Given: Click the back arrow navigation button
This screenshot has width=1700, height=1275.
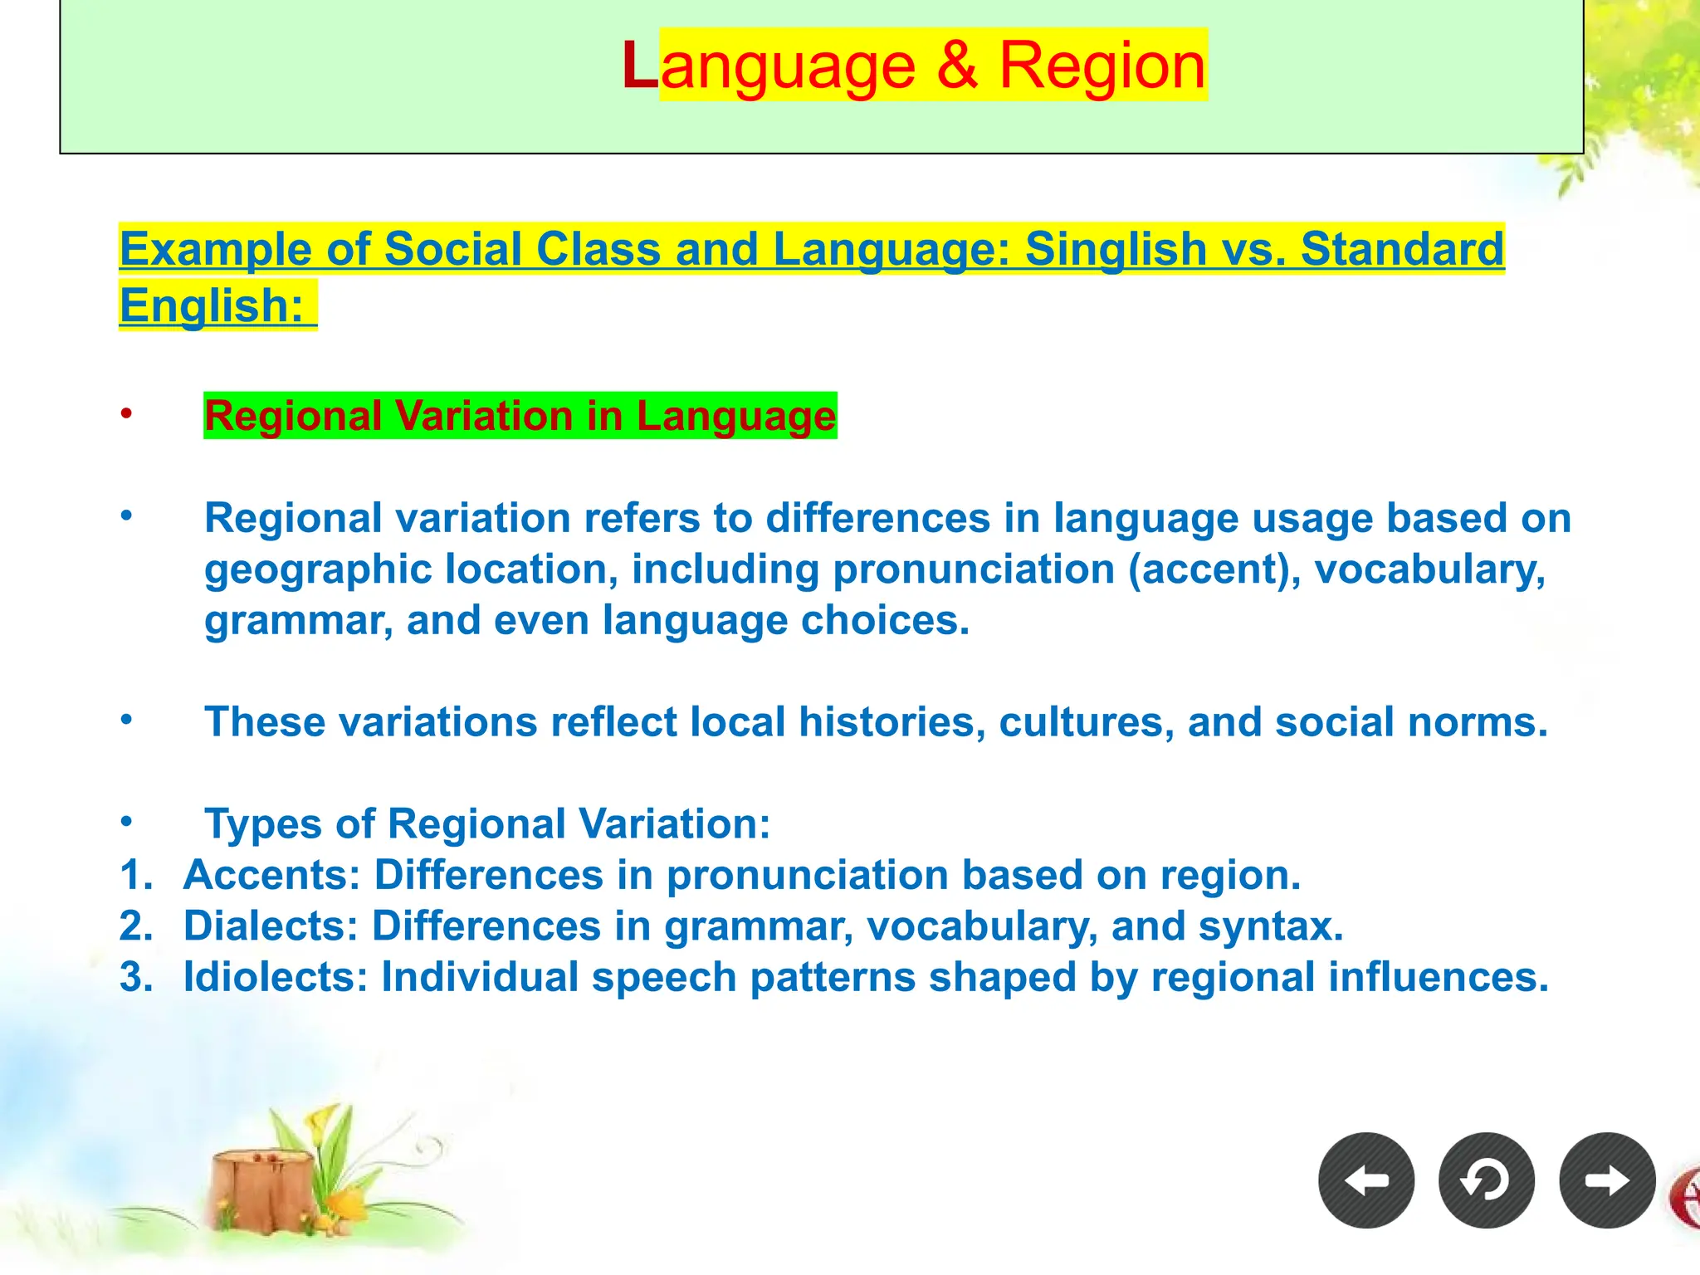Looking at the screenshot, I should [x=1366, y=1180].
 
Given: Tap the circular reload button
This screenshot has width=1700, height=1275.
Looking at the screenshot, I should [x=1487, y=1180].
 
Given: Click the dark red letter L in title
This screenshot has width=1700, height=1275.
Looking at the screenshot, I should [x=640, y=66].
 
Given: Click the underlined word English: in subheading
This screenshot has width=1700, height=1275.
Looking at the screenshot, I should [x=212, y=305].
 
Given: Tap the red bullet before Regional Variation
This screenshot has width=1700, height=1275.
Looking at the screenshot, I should [x=126, y=413].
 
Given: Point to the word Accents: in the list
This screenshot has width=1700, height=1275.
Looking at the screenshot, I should [x=272, y=875].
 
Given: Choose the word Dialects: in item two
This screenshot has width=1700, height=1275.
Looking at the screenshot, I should [x=271, y=926].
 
